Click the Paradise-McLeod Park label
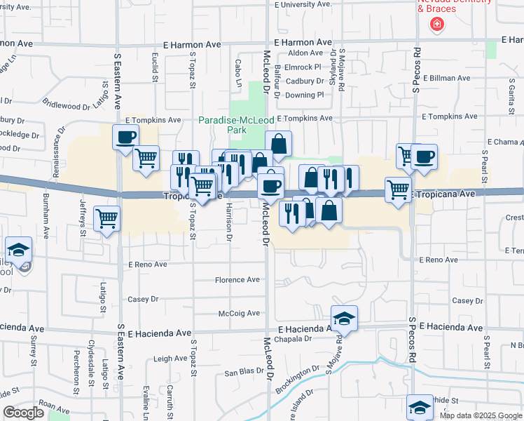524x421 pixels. click(x=236, y=125)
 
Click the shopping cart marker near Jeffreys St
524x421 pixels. click(x=106, y=218)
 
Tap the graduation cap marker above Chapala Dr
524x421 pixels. click(x=344, y=319)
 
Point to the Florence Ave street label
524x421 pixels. click(x=237, y=279)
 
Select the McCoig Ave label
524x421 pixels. click(x=239, y=313)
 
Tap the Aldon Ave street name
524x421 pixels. click(x=305, y=53)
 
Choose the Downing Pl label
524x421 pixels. click(x=305, y=95)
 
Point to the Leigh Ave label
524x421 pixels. click(x=170, y=359)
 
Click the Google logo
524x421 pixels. click(x=23, y=413)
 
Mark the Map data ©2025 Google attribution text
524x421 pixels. click(x=480, y=415)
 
